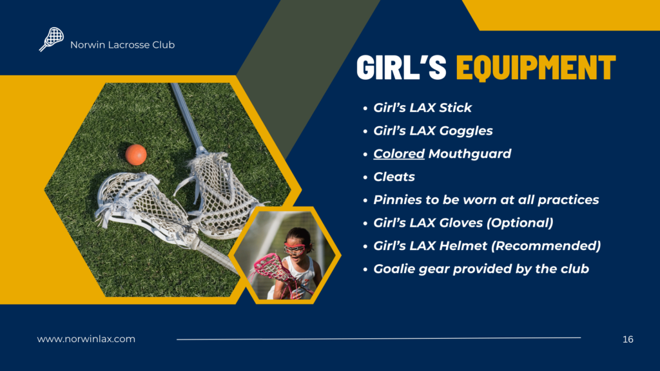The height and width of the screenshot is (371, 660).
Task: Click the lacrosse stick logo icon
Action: click(52, 39)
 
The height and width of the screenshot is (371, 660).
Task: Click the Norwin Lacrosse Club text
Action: click(122, 45)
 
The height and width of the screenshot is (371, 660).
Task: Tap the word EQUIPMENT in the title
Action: click(536, 67)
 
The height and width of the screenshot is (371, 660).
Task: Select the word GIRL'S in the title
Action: click(401, 67)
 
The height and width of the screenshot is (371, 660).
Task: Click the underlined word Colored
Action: click(398, 153)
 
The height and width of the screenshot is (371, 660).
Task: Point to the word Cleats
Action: click(394, 176)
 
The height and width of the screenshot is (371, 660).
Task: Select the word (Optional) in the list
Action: click(520, 223)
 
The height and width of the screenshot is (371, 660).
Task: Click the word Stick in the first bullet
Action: click(456, 108)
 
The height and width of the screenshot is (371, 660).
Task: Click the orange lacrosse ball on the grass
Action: click(136, 155)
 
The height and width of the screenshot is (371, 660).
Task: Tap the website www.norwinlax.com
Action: click(86, 339)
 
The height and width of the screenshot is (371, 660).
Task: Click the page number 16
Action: click(628, 339)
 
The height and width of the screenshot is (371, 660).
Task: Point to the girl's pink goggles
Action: click(295, 248)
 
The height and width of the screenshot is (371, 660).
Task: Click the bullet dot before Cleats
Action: click(365, 178)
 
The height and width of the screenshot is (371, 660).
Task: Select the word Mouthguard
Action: click(470, 154)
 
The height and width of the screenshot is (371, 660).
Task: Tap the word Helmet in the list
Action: click(463, 245)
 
